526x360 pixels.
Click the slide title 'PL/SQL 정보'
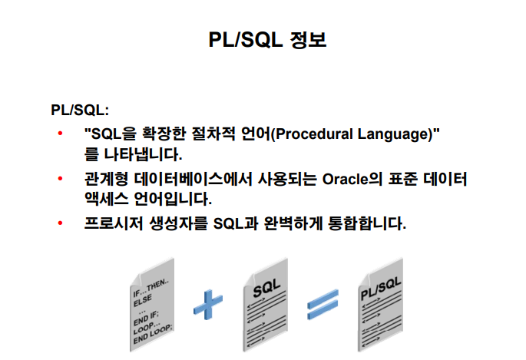(x=267, y=40)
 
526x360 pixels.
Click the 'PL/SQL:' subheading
(x=80, y=110)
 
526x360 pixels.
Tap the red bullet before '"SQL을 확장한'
(x=61, y=134)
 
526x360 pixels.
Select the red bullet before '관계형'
(x=61, y=178)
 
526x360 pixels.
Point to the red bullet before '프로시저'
(x=61, y=223)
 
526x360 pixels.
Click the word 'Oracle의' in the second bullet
(x=352, y=179)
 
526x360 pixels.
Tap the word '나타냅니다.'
(x=144, y=154)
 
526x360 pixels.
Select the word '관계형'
(x=106, y=179)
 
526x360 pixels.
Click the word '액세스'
(x=106, y=199)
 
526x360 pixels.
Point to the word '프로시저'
(x=114, y=223)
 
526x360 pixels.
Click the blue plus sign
(x=208, y=305)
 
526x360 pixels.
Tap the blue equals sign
(x=323, y=305)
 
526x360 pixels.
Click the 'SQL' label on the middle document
(x=266, y=288)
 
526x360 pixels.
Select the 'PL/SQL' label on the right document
(x=381, y=289)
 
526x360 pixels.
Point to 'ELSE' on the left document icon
(x=143, y=300)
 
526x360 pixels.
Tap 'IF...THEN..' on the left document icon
(x=151, y=289)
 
